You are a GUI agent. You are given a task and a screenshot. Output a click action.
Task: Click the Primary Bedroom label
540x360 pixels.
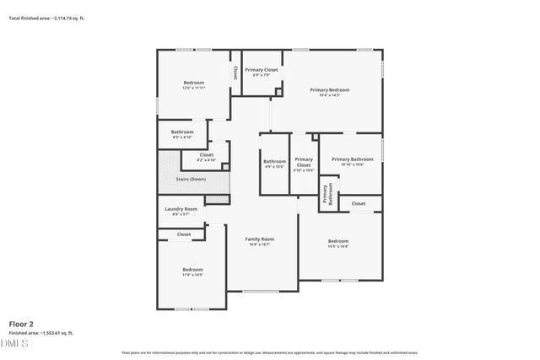click(329, 89)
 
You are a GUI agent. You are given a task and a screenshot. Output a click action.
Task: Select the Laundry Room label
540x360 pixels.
click(181, 209)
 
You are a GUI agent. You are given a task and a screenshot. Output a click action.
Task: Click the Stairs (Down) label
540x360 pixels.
click(191, 179)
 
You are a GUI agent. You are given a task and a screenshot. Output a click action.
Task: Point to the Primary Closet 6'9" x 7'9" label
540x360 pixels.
click(262, 70)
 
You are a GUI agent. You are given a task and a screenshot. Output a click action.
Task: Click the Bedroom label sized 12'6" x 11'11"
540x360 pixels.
click(194, 83)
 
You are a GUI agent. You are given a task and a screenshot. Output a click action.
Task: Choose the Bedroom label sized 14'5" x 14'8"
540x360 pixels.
click(337, 242)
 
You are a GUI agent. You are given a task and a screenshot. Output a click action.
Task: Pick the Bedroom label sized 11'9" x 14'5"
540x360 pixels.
click(192, 270)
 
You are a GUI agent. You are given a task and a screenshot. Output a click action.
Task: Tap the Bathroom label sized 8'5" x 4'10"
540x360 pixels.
click(182, 132)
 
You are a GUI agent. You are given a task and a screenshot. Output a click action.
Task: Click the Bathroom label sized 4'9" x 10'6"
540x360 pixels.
click(274, 162)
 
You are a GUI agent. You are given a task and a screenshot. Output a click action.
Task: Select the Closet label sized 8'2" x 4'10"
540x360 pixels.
click(206, 155)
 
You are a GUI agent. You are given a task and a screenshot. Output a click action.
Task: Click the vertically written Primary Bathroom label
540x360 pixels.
click(327, 195)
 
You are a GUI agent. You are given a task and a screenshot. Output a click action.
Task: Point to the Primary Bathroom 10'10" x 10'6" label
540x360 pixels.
click(352, 159)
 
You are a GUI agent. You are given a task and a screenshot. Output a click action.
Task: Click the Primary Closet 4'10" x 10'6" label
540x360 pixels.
click(304, 163)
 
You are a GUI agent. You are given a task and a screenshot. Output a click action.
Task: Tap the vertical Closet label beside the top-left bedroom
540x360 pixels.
click(235, 73)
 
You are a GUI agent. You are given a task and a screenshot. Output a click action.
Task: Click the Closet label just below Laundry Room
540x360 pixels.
click(183, 234)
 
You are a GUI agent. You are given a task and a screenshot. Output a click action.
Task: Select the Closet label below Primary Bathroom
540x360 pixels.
click(359, 203)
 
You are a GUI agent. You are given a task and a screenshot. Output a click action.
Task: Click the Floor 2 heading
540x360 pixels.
click(21, 323)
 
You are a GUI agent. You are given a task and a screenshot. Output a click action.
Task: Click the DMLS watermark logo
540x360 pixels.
click(13, 344)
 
